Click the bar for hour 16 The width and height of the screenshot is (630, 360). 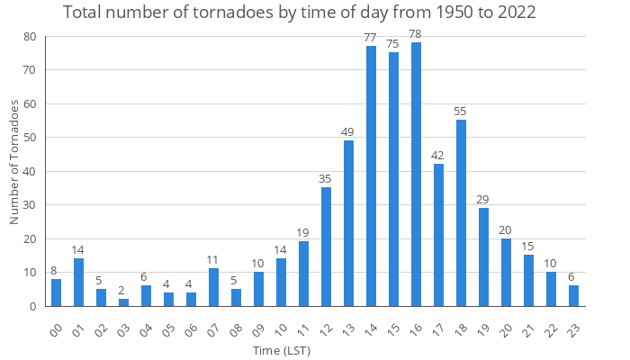coord(416,175)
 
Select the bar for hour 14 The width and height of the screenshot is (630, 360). coord(371,176)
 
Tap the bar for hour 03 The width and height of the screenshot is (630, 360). coord(123,302)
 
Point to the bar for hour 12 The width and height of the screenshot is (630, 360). coord(326,247)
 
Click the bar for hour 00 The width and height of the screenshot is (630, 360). coord(56,292)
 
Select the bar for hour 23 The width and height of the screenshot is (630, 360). coord(573,296)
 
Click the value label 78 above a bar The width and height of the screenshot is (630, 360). coord(416,33)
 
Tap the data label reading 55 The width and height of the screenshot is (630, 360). coord(461,111)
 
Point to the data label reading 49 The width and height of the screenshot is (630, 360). coord(348,131)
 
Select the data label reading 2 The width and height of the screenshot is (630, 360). coord(123,290)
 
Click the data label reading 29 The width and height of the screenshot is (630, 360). coord(483,199)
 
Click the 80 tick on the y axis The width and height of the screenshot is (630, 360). coord(30,37)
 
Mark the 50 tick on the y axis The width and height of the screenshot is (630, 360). coord(30,138)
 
